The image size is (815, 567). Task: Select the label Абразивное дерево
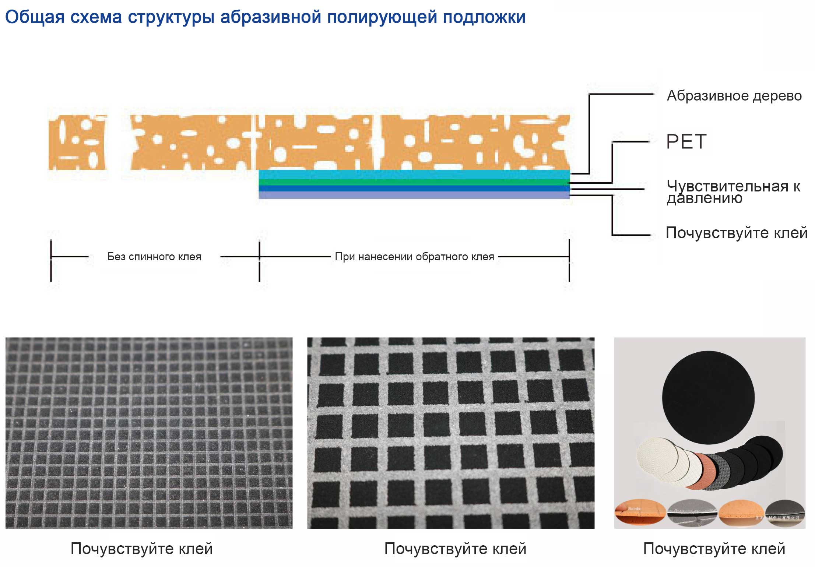pos(734,96)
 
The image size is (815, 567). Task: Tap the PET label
pos(686,142)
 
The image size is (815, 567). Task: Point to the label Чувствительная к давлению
pos(733,192)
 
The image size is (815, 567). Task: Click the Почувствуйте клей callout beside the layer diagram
pos(736,233)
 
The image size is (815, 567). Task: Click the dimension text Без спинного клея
pos(154,257)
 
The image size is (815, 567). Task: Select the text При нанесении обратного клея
pos(414,257)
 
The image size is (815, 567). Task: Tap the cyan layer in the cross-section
pos(414,174)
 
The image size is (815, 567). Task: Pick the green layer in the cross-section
pos(414,182)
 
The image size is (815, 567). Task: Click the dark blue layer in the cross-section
pos(414,189)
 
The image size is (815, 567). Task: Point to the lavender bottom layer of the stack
pos(414,195)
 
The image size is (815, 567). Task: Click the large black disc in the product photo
pos(708,398)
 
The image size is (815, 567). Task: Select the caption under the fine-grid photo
pos(141,549)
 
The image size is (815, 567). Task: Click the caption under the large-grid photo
pos(455,549)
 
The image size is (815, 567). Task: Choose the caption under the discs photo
pos(714,549)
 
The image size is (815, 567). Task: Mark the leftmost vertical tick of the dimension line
pos(51,260)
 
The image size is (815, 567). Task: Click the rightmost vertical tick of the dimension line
pos(569,260)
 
